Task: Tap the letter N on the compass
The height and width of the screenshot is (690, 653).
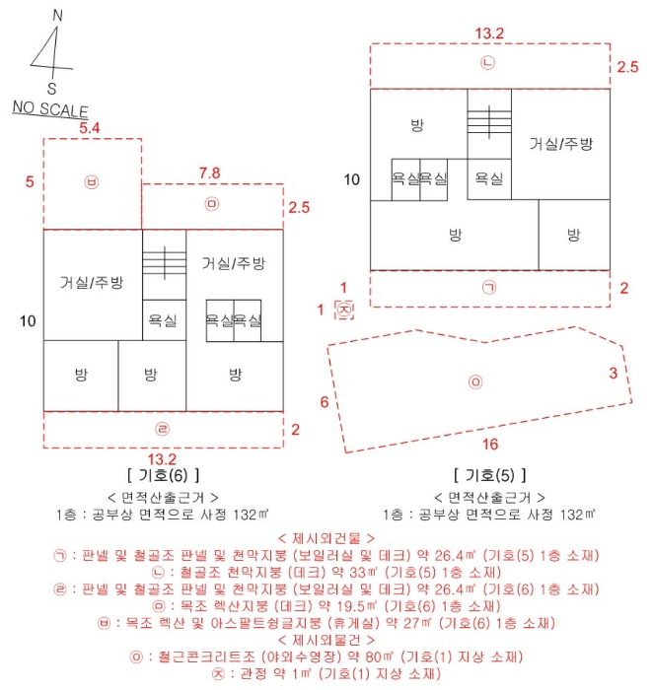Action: pos(56,16)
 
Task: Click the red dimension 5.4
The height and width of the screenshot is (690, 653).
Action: pos(90,128)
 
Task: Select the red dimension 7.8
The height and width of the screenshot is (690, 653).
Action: pos(209,172)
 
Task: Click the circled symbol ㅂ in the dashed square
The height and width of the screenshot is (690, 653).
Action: pos(92,182)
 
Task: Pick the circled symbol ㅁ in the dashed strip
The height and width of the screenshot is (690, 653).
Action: pos(210,205)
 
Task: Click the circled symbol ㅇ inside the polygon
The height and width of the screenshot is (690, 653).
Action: pos(475,381)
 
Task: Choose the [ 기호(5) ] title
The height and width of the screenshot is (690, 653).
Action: pos(490,474)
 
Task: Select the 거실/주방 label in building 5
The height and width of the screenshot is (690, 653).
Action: pos(560,143)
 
